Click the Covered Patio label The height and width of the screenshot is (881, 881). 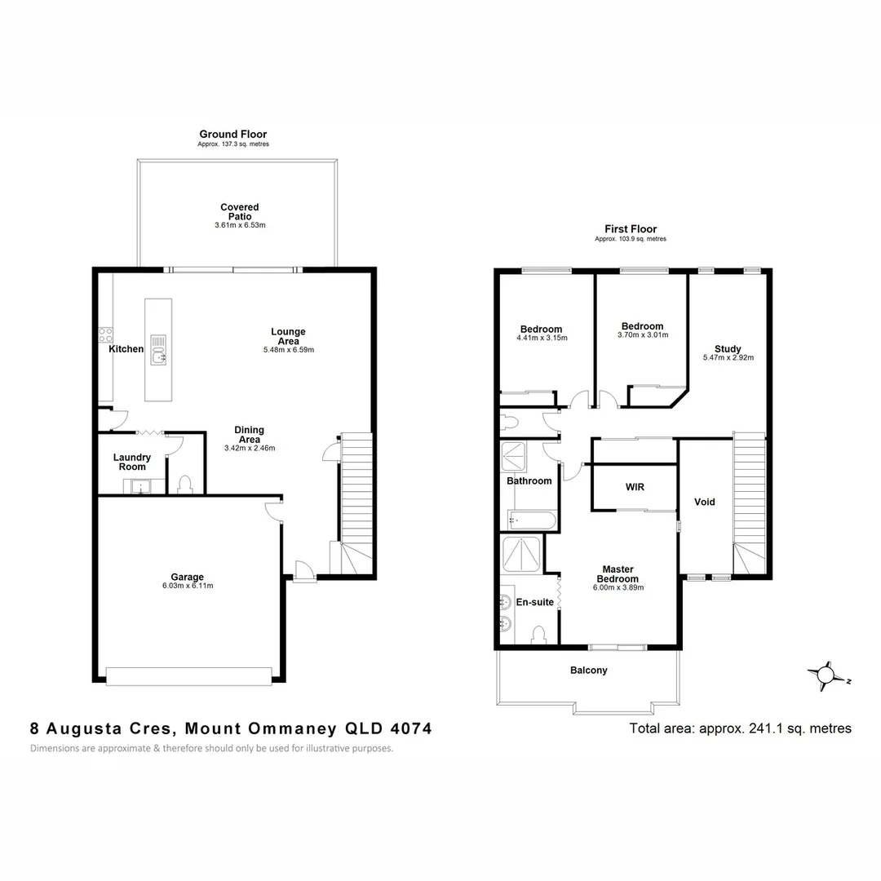click(239, 212)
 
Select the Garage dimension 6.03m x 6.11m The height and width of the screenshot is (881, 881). click(187, 586)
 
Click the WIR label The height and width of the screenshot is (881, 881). click(635, 487)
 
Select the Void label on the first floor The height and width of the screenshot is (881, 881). click(704, 502)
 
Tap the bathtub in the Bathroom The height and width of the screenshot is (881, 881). click(530, 520)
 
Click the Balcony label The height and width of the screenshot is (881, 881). click(588, 671)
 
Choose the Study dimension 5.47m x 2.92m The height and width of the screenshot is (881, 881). click(728, 357)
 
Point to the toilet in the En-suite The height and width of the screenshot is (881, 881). click(538, 635)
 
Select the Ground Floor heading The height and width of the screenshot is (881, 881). click(233, 135)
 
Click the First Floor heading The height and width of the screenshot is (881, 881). click(631, 229)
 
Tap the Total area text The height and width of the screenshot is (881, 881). click(740, 728)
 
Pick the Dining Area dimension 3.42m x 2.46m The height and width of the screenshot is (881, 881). click(249, 448)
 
